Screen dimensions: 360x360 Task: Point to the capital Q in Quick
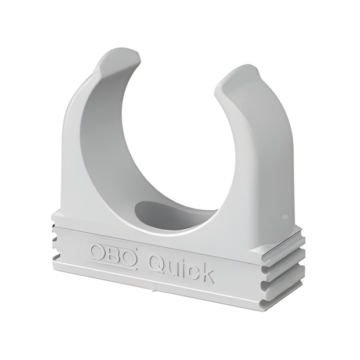[156, 261]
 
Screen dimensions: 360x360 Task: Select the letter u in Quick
[172, 267]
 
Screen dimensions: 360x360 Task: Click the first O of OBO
[97, 251]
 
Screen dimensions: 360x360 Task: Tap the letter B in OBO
[113, 253]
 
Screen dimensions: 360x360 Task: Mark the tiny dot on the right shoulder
[284, 217]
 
